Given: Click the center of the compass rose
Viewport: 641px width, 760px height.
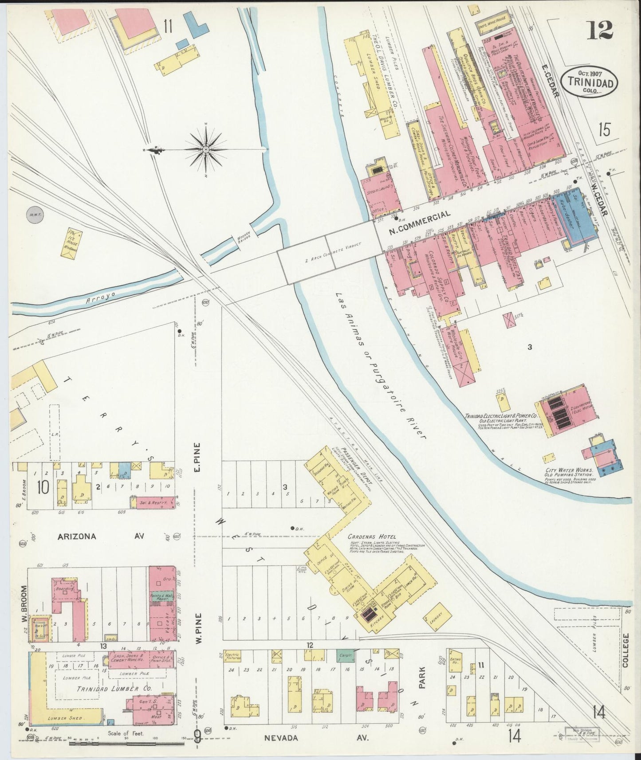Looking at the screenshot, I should pyautogui.click(x=206, y=150).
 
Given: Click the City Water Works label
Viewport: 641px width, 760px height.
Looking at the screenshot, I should pyautogui.click(x=571, y=472).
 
